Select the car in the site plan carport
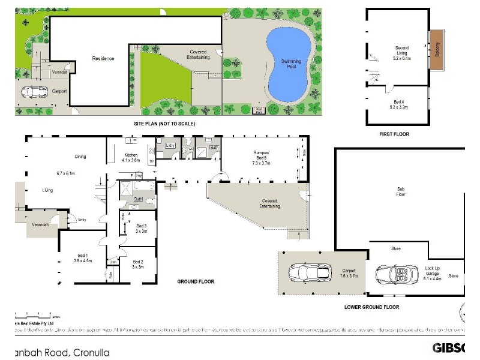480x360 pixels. coord(35,92)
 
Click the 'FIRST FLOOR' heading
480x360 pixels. coord(394,134)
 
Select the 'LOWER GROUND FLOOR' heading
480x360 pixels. coord(371,307)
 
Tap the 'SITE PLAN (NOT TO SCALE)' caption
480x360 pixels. coord(164,124)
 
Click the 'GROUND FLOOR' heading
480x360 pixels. coord(196,281)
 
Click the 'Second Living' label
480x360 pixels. coord(401,50)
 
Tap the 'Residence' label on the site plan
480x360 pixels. coord(103,59)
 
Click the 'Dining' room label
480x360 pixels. coord(80,157)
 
